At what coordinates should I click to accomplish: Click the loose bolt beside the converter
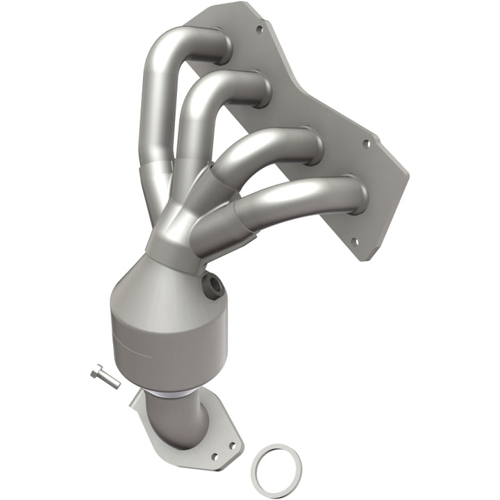(105, 378)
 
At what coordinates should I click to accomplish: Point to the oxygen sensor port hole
(212, 285)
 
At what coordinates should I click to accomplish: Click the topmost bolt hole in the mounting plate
(260, 30)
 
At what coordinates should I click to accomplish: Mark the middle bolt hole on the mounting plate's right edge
(367, 144)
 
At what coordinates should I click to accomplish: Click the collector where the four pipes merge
(177, 233)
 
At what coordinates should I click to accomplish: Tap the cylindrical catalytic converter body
(149, 333)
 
